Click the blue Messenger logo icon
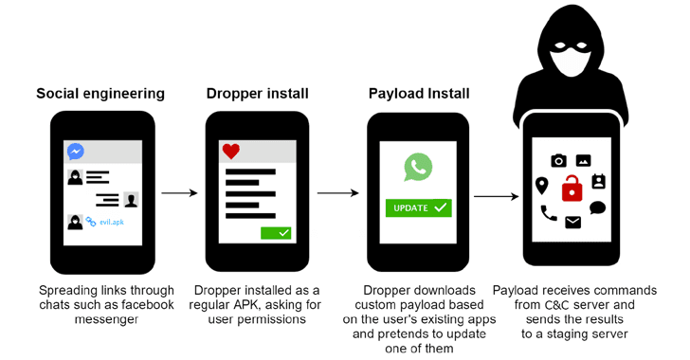[76, 152]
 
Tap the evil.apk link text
[111, 222]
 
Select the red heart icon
[231, 152]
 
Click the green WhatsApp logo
[418, 167]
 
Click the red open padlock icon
[572, 188]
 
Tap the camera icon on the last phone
[559, 161]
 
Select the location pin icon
[542, 186]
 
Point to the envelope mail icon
[572, 223]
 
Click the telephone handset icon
[549, 213]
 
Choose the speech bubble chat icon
[597, 207]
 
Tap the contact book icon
[598, 181]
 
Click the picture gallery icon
[584, 161]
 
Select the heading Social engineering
[100, 94]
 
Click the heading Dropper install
[258, 94]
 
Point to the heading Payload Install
[419, 94]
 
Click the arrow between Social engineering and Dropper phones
[179, 192]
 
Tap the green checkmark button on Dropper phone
[276, 233]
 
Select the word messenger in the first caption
[106, 319]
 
